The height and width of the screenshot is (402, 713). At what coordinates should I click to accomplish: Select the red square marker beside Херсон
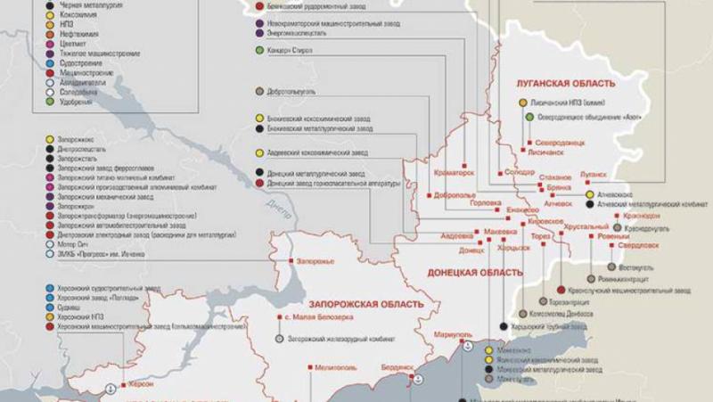(125, 383)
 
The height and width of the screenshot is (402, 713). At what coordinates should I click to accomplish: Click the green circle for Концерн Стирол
(258, 51)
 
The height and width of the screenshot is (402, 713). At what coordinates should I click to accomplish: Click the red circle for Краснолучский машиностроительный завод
(558, 290)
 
